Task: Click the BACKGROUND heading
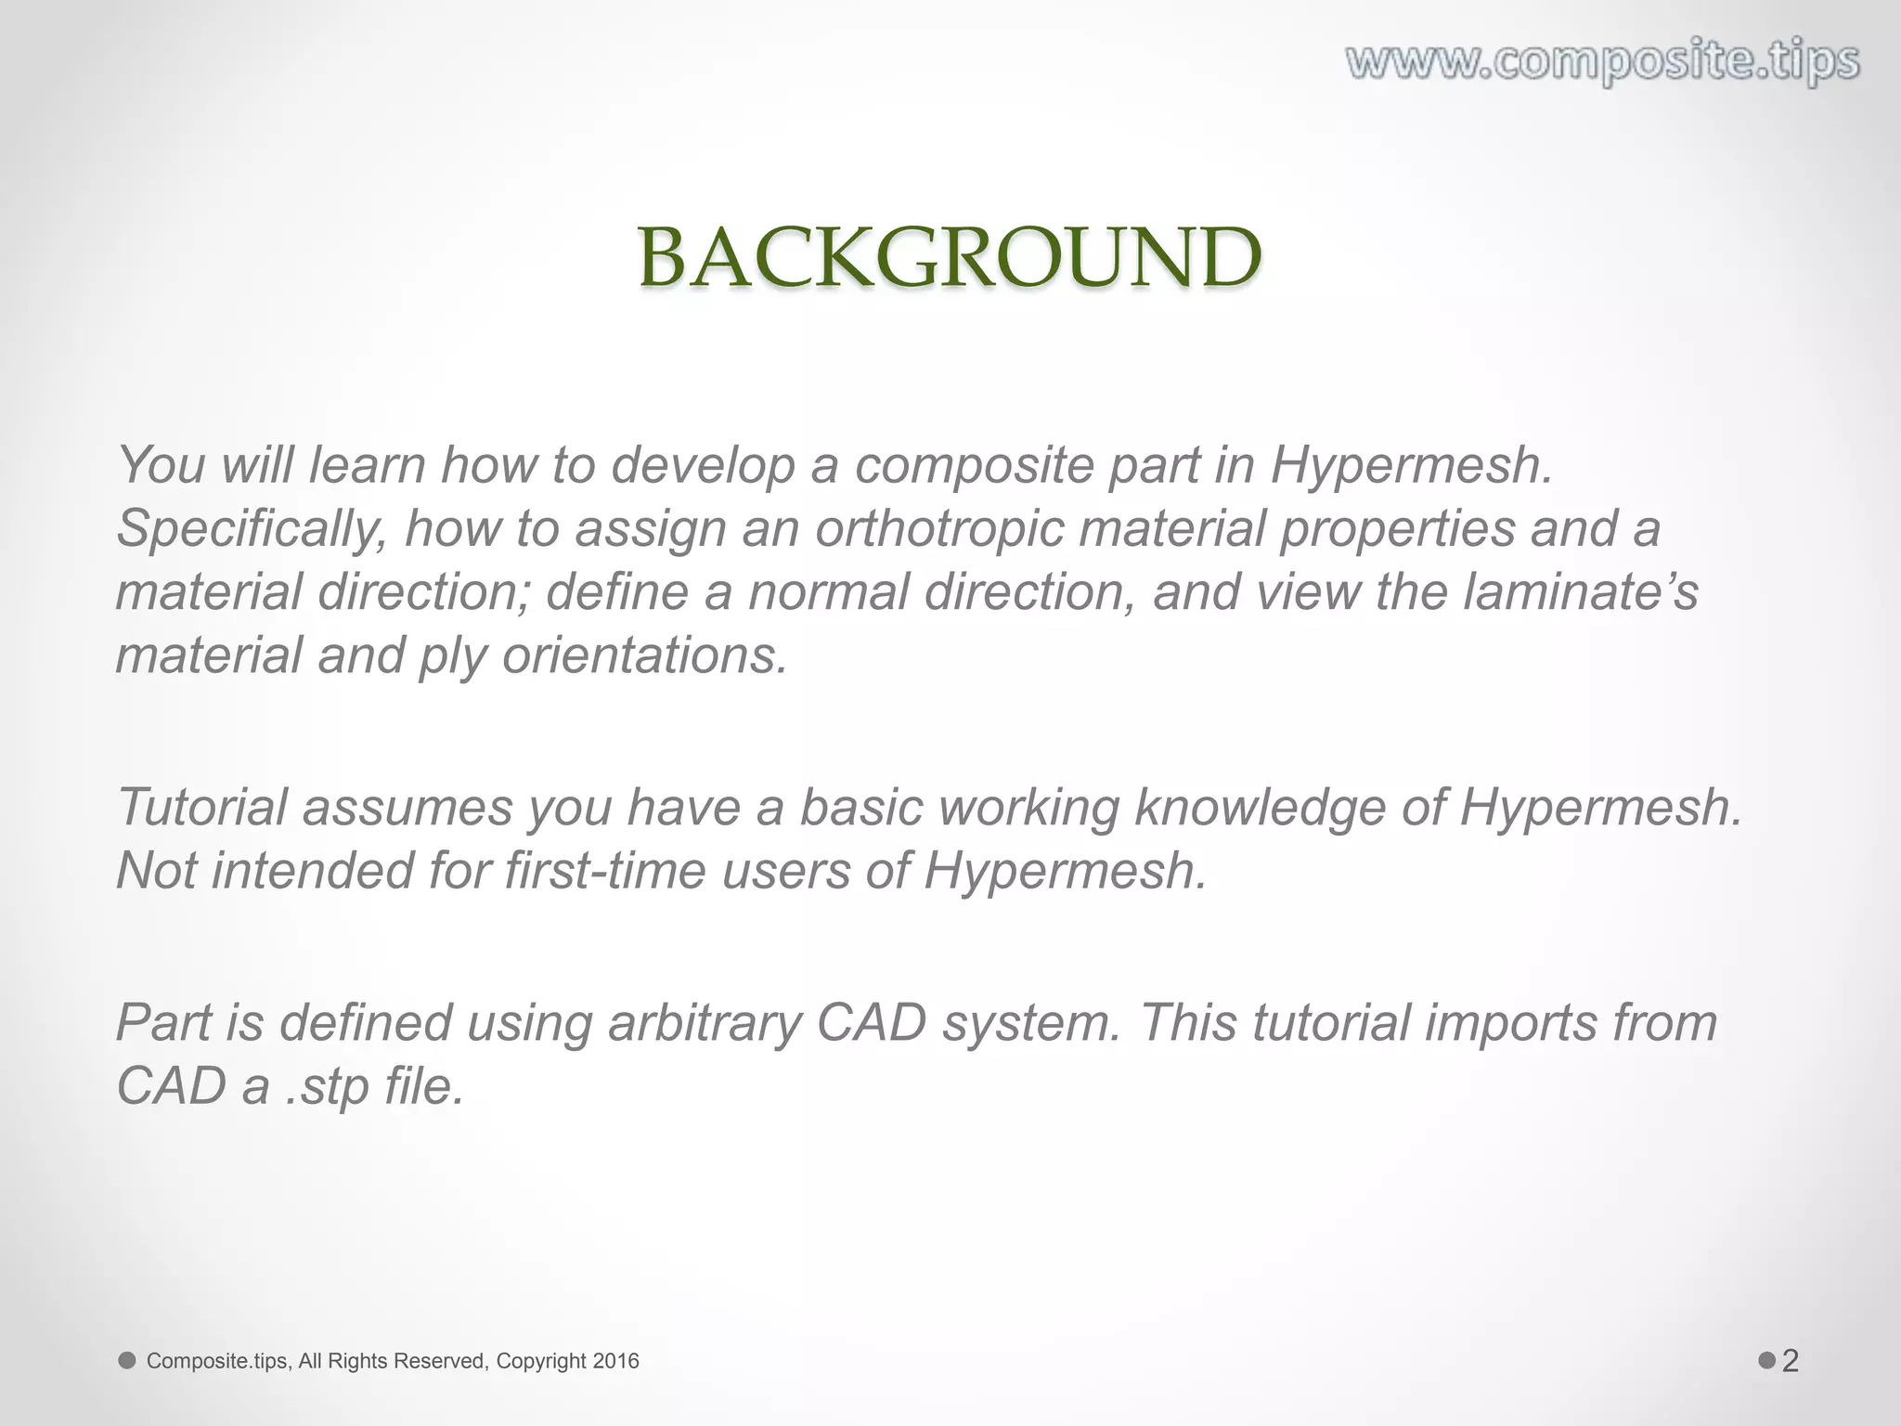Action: [950, 258]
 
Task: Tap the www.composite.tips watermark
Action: [1603, 62]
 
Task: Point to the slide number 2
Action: [1791, 1361]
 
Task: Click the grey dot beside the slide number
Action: [1766, 1361]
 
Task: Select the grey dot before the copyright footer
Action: [127, 1361]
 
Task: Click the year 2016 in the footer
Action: [615, 1361]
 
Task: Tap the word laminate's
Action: [1580, 592]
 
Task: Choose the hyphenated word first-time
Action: [605, 871]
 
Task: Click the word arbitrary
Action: [705, 1023]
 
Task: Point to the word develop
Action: [703, 466]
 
